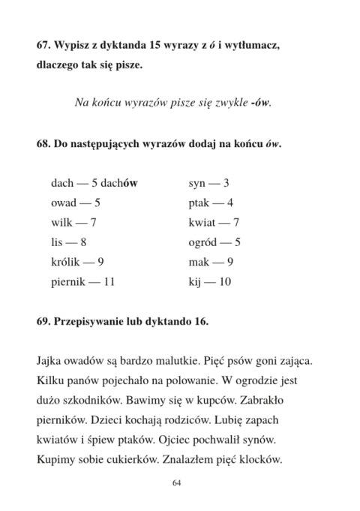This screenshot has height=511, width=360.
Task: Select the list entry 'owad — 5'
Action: pyautogui.click(x=76, y=203)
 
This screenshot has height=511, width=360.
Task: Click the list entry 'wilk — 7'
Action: pyautogui.click(x=74, y=222)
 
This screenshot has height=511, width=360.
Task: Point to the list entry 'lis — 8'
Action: pyautogui.click(x=69, y=242)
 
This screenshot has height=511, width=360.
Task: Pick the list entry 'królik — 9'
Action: pyautogui.click(x=77, y=262)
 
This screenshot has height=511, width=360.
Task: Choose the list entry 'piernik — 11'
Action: pyautogui.click(x=82, y=282)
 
